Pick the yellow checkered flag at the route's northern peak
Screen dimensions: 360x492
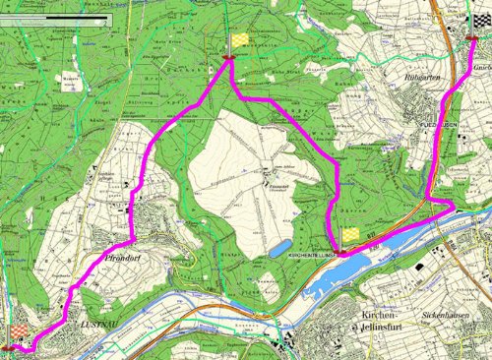[239, 40]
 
